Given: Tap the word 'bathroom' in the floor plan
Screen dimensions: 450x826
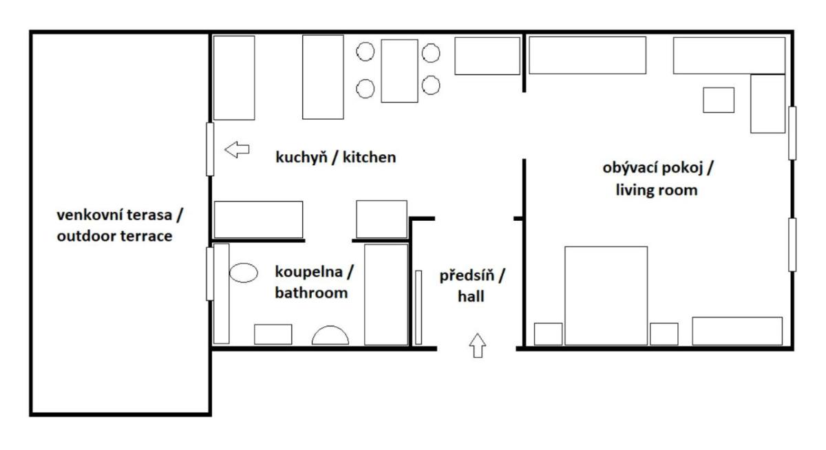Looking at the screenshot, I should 310,292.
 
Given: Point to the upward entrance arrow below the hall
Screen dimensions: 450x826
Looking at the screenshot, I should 477,344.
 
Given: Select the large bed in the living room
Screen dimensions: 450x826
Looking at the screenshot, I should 606,295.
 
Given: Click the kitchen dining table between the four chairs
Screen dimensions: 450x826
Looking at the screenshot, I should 399,71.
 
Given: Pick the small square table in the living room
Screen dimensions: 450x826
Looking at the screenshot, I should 718,100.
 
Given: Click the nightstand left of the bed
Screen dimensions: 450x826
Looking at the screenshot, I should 548,334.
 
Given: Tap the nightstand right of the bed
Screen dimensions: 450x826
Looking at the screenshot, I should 664,334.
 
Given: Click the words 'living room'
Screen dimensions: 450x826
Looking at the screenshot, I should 657,191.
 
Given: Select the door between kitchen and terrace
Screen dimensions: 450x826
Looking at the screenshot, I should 209,148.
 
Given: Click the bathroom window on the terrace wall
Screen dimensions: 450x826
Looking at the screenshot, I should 209,273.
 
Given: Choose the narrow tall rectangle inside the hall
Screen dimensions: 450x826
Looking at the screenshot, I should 418,307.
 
